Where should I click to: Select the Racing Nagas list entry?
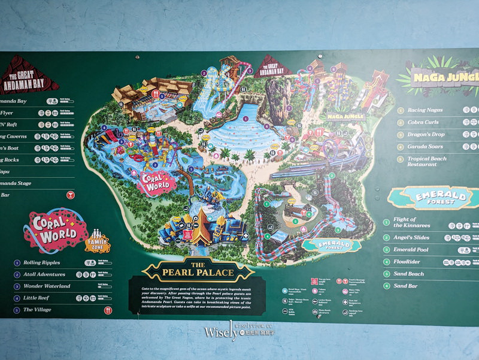pos(425,110)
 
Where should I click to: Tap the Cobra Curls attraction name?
pos(423,122)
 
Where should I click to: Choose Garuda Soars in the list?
pos(425,147)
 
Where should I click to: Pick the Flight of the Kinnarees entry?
pos(412,223)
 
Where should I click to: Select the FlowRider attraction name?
pos(410,262)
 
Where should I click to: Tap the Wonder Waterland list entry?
pos(47,286)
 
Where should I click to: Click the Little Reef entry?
pos(38,298)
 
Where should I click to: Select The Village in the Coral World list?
pos(37,310)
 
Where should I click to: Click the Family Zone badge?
pos(98,240)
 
